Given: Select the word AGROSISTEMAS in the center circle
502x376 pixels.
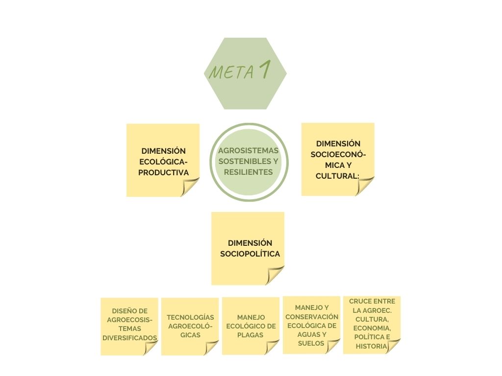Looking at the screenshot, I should click(x=248, y=150).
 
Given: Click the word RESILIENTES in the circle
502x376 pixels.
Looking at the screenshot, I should click(x=248, y=172).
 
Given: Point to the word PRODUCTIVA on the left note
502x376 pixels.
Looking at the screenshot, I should click(x=163, y=172).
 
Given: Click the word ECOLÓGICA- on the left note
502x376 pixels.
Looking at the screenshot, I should click(x=163, y=162).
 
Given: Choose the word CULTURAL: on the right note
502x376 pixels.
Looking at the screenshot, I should click(x=338, y=176).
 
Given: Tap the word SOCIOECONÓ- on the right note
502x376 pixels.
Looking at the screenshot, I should click(x=338, y=154).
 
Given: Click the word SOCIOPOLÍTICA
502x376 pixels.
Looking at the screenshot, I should click(x=250, y=254).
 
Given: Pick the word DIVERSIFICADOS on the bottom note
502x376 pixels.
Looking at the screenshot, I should click(x=130, y=338).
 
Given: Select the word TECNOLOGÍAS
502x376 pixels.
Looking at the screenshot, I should click(x=190, y=317).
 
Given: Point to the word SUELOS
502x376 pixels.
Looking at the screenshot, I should click(x=311, y=343).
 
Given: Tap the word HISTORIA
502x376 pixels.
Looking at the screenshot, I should click(x=372, y=346).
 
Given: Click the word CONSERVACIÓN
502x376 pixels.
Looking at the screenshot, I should click(x=312, y=317).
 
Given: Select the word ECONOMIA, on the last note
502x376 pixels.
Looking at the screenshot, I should click(x=372, y=328).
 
